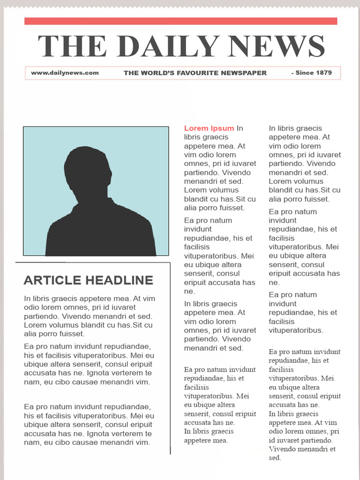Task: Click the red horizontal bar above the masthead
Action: pyautogui.click(x=180, y=21)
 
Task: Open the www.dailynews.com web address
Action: pyautogui.click(x=65, y=73)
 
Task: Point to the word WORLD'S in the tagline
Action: pyautogui.click(x=157, y=73)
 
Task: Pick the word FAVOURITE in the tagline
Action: pyautogui.click(x=199, y=73)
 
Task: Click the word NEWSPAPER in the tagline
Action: pyautogui.click(x=244, y=73)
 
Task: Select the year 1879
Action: pyautogui.click(x=324, y=73)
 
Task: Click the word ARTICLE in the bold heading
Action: pyautogui.click(x=52, y=280)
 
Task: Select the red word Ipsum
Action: pyautogui.click(x=222, y=128)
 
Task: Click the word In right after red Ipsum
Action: pyautogui.click(x=240, y=128)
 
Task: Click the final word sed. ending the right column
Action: pyautogui.click(x=275, y=458)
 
